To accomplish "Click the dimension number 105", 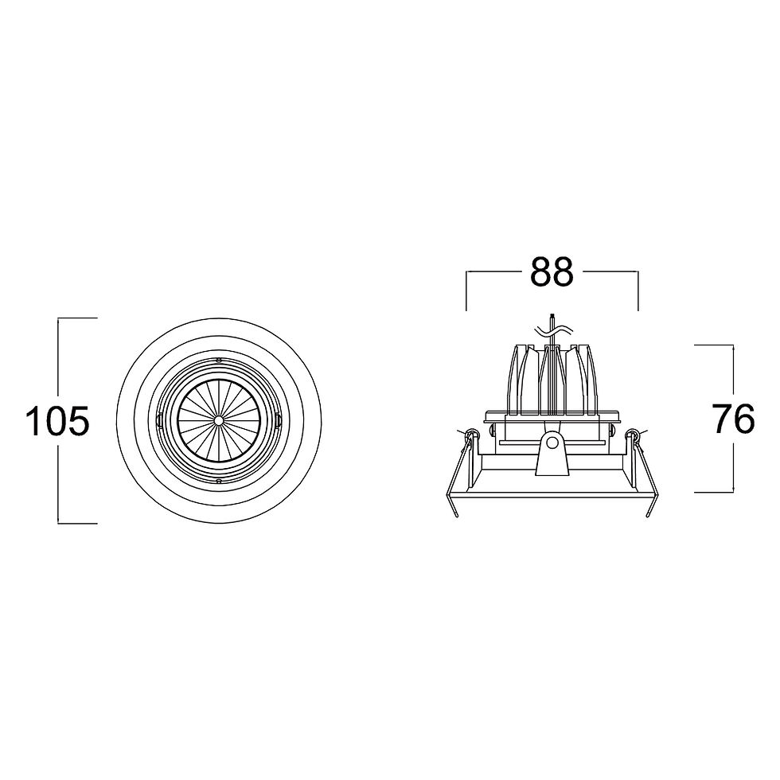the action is coord(57,421).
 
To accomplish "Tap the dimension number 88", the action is coord(552,271).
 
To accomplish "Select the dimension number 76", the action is coord(734,419).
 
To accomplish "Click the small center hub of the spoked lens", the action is coord(218,420).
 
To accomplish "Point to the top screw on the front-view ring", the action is coord(218,359).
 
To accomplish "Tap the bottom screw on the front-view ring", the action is coord(218,481).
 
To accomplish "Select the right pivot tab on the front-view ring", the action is coord(278,420).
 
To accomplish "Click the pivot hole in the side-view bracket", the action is coord(552,443).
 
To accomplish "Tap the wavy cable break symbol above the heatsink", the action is coord(553,330).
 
